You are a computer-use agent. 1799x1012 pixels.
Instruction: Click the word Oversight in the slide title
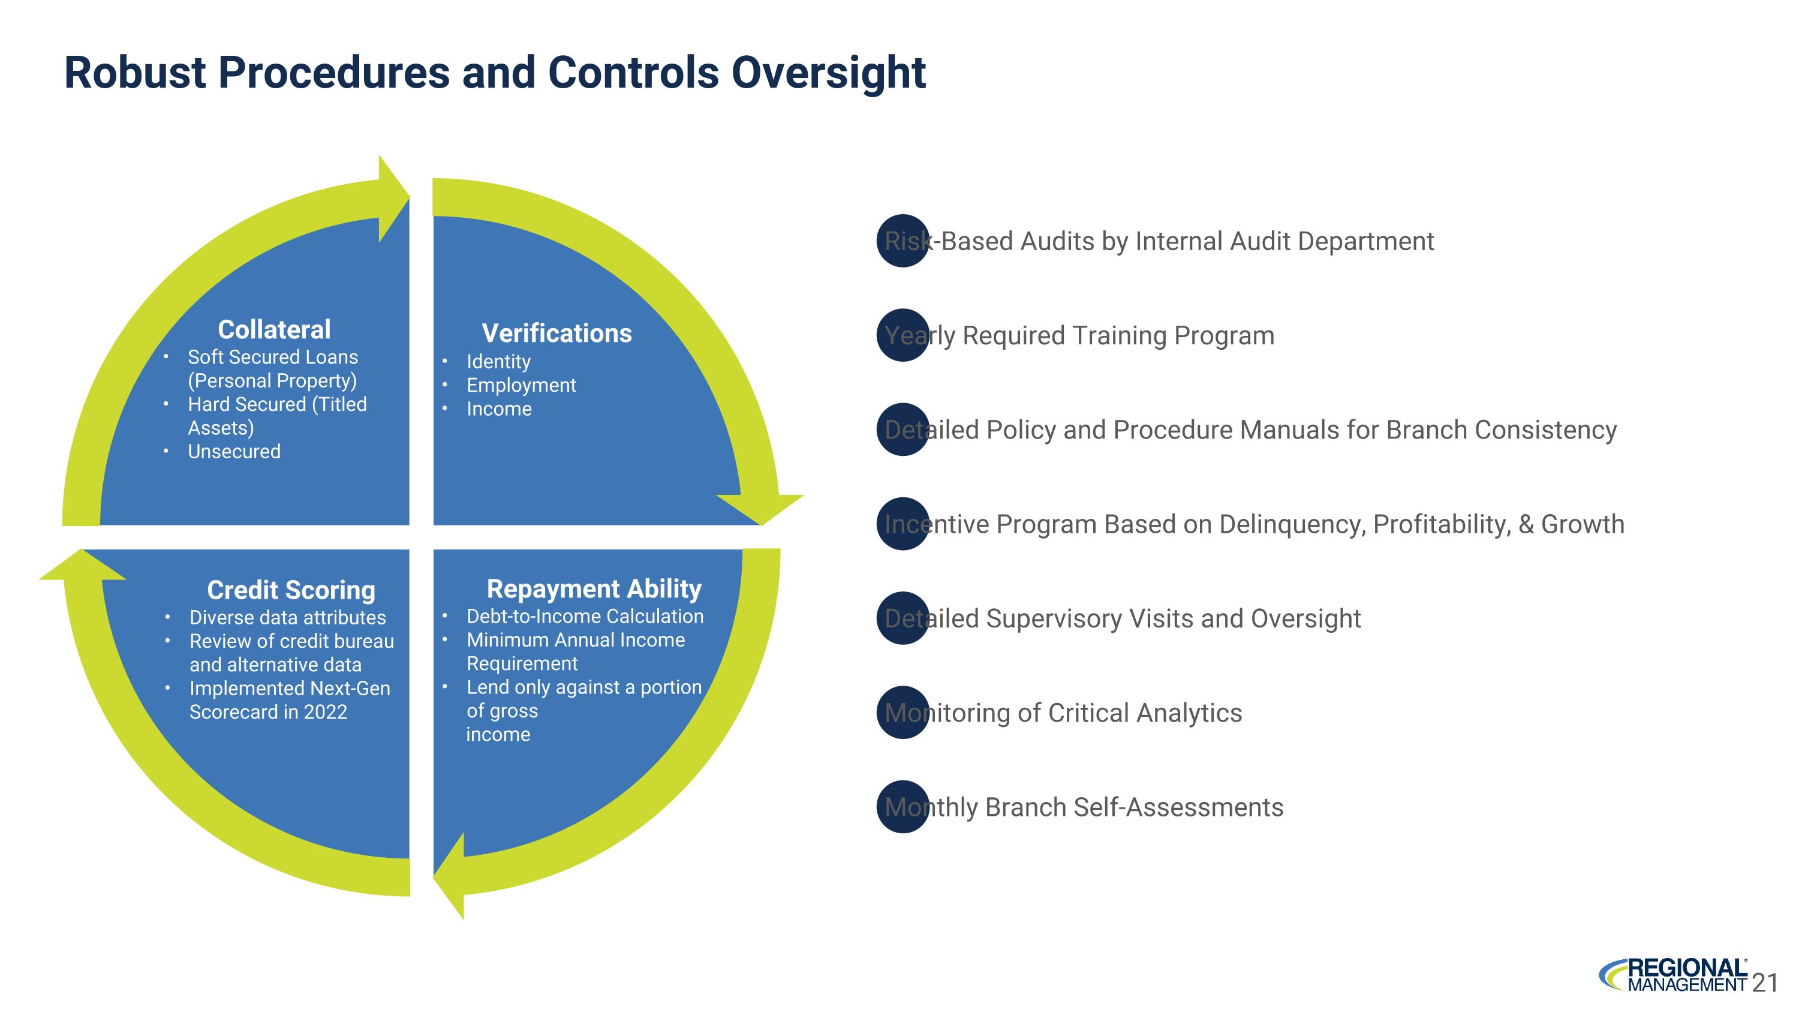[828, 73]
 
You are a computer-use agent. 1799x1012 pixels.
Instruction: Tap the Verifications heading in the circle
[556, 333]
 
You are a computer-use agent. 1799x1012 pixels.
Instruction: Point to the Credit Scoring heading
[291, 590]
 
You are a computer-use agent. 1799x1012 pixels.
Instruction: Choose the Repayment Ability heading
[594, 588]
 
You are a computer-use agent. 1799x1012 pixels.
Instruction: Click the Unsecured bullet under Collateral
[234, 451]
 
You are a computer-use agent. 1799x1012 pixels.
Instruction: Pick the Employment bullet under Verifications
[521, 385]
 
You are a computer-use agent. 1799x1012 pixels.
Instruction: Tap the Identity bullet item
[498, 361]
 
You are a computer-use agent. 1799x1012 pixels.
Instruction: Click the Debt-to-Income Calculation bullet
[585, 616]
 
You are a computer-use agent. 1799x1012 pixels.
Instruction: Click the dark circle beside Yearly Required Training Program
[903, 335]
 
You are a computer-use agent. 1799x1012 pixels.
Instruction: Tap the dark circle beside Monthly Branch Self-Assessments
[903, 807]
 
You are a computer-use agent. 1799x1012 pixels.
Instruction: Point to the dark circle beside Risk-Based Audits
[903, 241]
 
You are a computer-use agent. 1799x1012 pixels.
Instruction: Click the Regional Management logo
[1673, 975]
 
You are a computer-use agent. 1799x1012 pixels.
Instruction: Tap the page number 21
[1765, 983]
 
